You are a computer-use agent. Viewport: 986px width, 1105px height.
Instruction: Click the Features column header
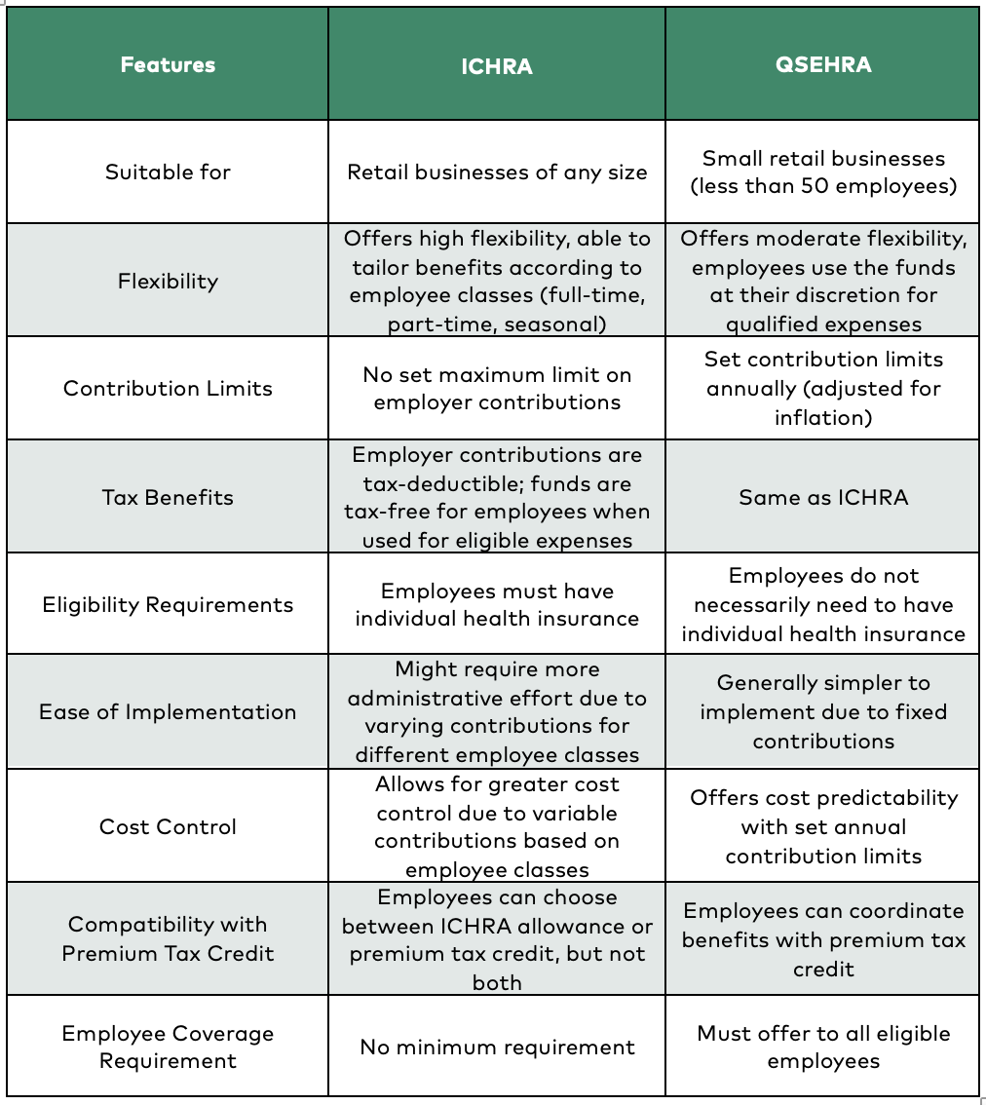(168, 65)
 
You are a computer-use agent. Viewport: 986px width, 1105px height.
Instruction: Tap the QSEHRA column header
(823, 65)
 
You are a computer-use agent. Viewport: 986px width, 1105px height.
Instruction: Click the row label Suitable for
(168, 172)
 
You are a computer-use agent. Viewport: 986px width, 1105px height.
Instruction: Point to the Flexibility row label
(168, 282)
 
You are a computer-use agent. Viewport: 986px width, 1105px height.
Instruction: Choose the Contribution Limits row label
(168, 388)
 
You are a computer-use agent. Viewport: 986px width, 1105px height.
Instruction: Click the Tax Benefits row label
(168, 497)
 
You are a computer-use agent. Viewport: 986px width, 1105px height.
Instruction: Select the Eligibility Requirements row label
(168, 604)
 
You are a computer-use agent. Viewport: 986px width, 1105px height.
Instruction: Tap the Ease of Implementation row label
(168, 711)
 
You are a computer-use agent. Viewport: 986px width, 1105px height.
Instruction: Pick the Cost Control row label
(168, 826)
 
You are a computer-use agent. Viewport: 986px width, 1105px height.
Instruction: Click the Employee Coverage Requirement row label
(168, 1047)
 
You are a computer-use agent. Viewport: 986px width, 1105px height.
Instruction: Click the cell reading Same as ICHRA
(823, 497)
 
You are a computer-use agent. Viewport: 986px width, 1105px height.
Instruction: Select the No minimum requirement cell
(497, 1047)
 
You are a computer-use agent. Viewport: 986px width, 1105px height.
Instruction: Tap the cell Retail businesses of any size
(497, 172)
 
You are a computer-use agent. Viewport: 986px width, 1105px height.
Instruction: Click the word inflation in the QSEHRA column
(822, 417)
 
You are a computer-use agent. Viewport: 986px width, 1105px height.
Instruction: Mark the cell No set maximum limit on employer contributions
(497, 388)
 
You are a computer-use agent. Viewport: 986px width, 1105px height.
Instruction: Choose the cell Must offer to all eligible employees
(823, 1047)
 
